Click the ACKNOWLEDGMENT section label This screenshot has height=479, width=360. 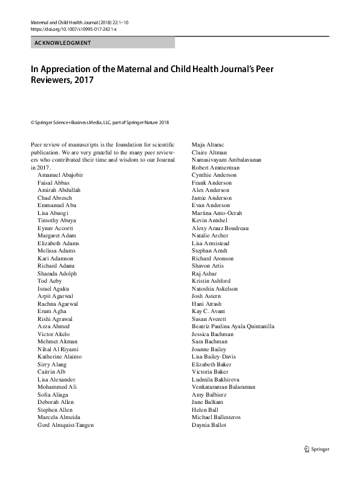coord(63,43)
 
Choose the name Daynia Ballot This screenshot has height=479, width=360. coord(209,425)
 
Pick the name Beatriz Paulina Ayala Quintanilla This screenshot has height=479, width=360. coord(233,326)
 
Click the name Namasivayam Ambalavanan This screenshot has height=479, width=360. coord(225,160)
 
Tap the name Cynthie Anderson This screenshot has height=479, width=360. coord(214,175)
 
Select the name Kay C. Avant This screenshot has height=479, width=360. coord(208,311)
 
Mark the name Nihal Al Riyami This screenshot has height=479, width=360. coord(57,349)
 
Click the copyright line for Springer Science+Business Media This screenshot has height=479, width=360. coord(99,122)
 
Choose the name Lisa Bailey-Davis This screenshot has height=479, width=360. coord(215,357)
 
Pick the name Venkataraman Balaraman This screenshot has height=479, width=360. coord(223,387)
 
